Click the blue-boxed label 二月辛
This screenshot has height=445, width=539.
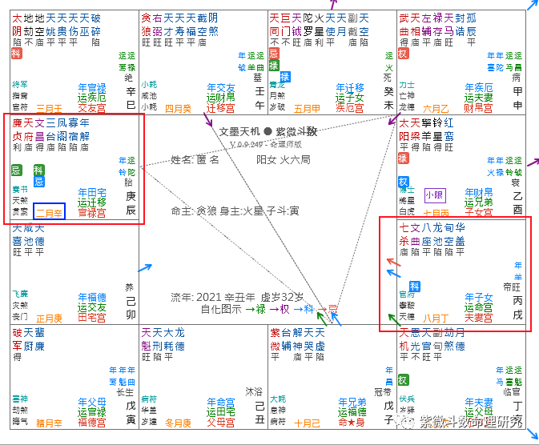(49, 212)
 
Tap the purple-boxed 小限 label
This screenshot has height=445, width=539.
(434, 194)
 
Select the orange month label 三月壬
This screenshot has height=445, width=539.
(50, 108)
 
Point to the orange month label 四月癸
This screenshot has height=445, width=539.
(179, 108)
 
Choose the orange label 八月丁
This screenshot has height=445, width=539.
(435, 318)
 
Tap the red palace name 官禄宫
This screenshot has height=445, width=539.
(92, 213)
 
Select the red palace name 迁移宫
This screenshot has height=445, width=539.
(220, 108)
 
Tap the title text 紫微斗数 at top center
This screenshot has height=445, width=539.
(296, 130)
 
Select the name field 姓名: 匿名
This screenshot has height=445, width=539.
(195, 160)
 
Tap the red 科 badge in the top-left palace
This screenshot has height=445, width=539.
(16, 54)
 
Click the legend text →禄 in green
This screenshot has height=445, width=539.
(255, 308)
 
